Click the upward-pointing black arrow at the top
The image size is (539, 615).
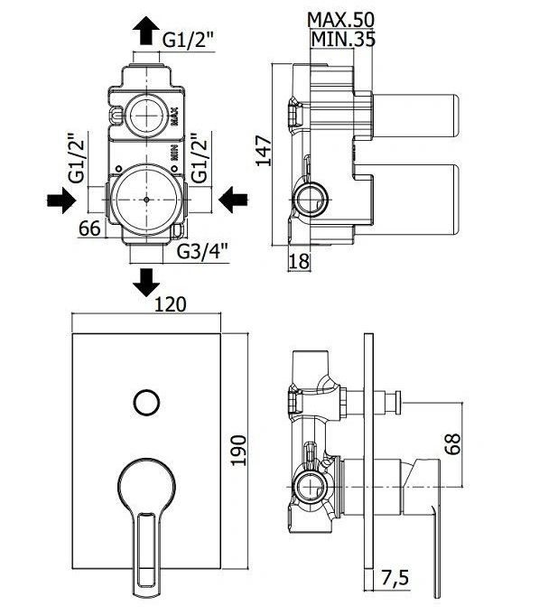[146, 31]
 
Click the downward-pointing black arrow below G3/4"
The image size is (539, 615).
[146, 283]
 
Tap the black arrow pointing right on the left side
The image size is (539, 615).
[61, 200]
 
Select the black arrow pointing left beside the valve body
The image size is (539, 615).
[233, 200]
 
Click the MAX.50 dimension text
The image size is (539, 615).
[341, 20]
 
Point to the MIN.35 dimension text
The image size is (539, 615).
[343, 39]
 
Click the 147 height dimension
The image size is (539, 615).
[264, 151]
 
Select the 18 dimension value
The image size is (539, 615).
[299, 262]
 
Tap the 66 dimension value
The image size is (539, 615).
[89, 228]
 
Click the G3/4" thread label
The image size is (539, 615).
[202, 252]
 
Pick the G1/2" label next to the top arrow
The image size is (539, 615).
[189, 40]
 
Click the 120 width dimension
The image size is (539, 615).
[170, 304]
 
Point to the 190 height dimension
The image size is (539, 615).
[238, 451]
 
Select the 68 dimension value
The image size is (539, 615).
[453, 444]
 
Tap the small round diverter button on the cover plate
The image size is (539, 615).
[146, 403]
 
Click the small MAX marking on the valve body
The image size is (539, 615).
[174, 116]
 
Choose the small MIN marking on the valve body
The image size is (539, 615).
[174, 153]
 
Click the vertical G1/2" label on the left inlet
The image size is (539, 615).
[77, 158]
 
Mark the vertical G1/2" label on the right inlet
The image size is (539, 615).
[200, 158]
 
